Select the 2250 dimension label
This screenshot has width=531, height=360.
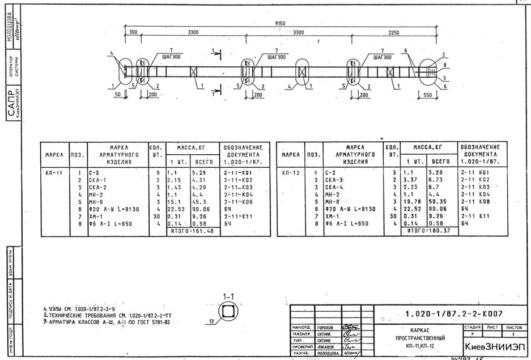(x=394, y=33)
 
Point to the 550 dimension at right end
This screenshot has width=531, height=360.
(x=428, y=96)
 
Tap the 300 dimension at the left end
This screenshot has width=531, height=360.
(x=134, y=33)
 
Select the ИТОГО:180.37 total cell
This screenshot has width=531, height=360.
(x=431, y=231)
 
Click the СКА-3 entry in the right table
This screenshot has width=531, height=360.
(x=334, y=179)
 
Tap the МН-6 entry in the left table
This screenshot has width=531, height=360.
(x=96, y=202)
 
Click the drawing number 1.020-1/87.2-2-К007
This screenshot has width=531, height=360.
(x=454, y=313)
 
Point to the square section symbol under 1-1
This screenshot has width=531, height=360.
(x=229, y=311)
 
